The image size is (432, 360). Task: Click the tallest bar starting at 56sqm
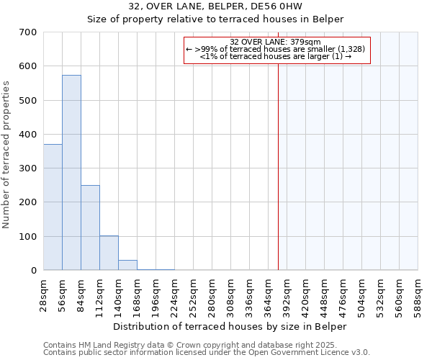[71, 173]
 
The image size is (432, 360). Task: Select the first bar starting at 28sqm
[53, 207]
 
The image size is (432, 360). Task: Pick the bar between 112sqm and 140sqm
[109, 253]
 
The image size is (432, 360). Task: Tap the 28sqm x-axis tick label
[44, 295]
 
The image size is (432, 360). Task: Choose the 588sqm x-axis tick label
[418, 295]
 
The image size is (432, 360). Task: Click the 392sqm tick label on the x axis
[287, 295]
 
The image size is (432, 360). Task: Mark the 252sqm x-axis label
[194, 295]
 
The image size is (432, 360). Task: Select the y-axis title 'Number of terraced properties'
[6, 155]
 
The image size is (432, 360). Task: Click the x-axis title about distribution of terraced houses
[230, 327]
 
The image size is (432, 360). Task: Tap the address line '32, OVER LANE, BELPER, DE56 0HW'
[215, 6]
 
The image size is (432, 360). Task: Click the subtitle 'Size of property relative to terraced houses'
[215, 19]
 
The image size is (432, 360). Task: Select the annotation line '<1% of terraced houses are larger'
[276, 56]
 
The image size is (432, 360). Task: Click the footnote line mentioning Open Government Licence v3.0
[207, 353]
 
